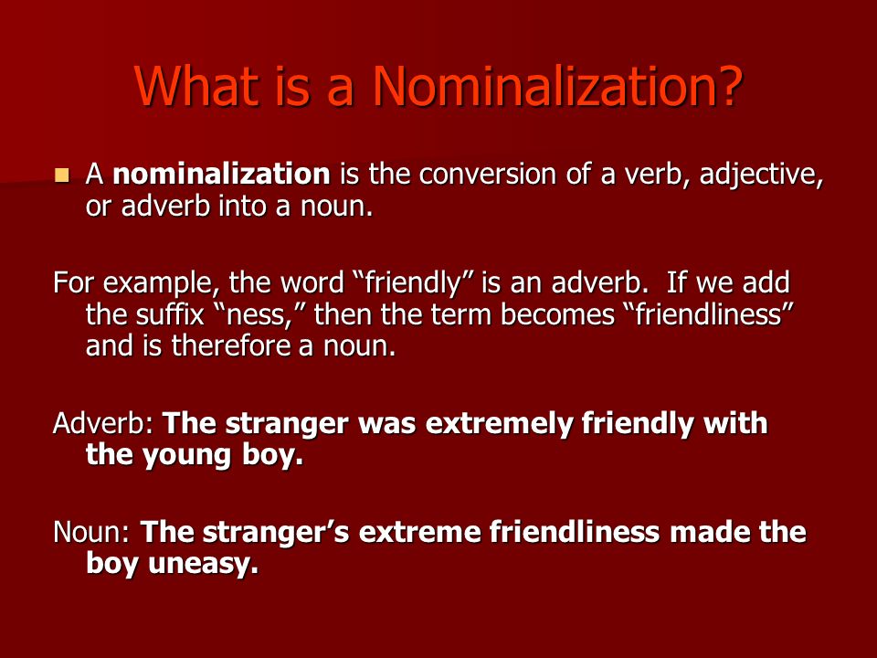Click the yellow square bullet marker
[61, 175]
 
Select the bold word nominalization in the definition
[221, 174]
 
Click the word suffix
[171, 313]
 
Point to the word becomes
[557, 314]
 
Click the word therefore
[230, 345]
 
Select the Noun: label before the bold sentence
[91, 532]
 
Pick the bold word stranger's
[276, 532]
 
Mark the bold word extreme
[420, 533]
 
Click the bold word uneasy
[204, 565]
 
